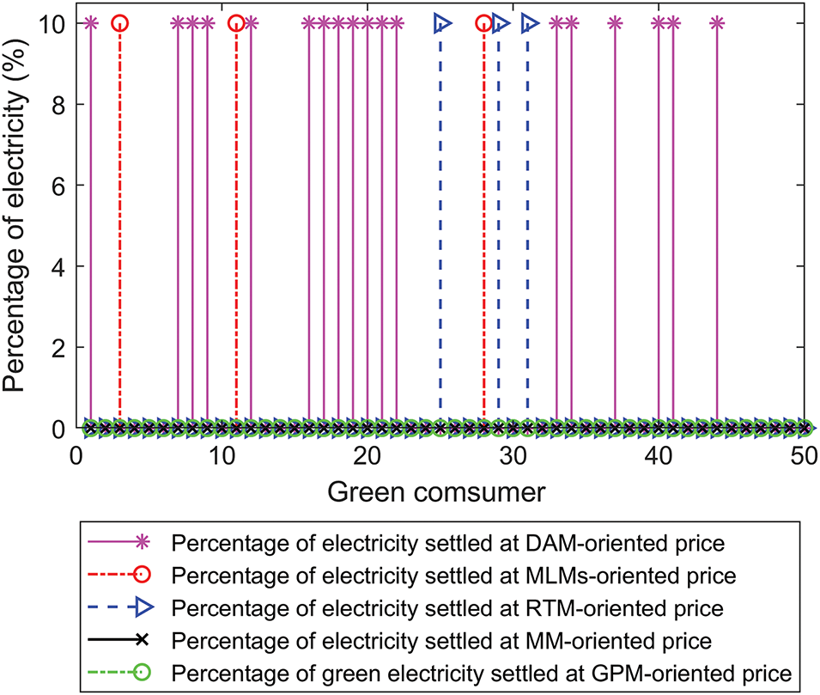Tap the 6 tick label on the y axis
(62, 186)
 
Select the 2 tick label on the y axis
(62, 347)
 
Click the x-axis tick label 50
(805, 455)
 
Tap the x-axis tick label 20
(367, 455)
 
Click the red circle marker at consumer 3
(119, 23)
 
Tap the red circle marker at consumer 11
(236, 23)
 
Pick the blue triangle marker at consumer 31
(529, 23)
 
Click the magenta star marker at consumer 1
(91, 23)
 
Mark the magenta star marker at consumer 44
(717, 23)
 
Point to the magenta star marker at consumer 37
(615, 23)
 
